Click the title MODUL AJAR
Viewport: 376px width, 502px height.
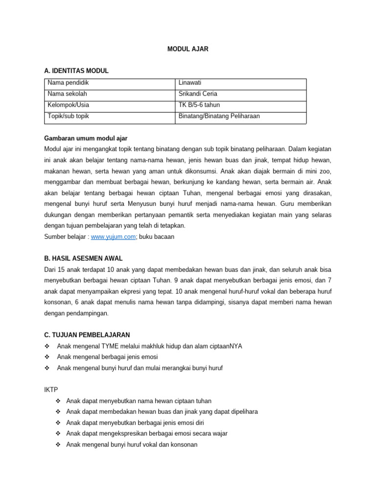pos(188,50)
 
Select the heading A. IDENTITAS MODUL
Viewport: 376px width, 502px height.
pos(76,71)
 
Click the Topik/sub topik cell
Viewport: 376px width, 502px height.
pos(68,116)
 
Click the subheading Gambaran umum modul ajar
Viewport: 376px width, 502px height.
pos(86,138)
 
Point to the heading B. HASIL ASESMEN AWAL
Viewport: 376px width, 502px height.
pos(83,258)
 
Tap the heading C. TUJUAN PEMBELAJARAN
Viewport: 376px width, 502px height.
pos(87,335)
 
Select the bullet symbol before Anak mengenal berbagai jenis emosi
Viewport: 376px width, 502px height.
pos(47,357)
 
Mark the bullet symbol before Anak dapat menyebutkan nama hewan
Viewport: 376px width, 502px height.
pos(59,401)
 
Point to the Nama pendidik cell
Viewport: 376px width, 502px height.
pos(68,83)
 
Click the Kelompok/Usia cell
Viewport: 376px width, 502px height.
pos(69,105)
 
